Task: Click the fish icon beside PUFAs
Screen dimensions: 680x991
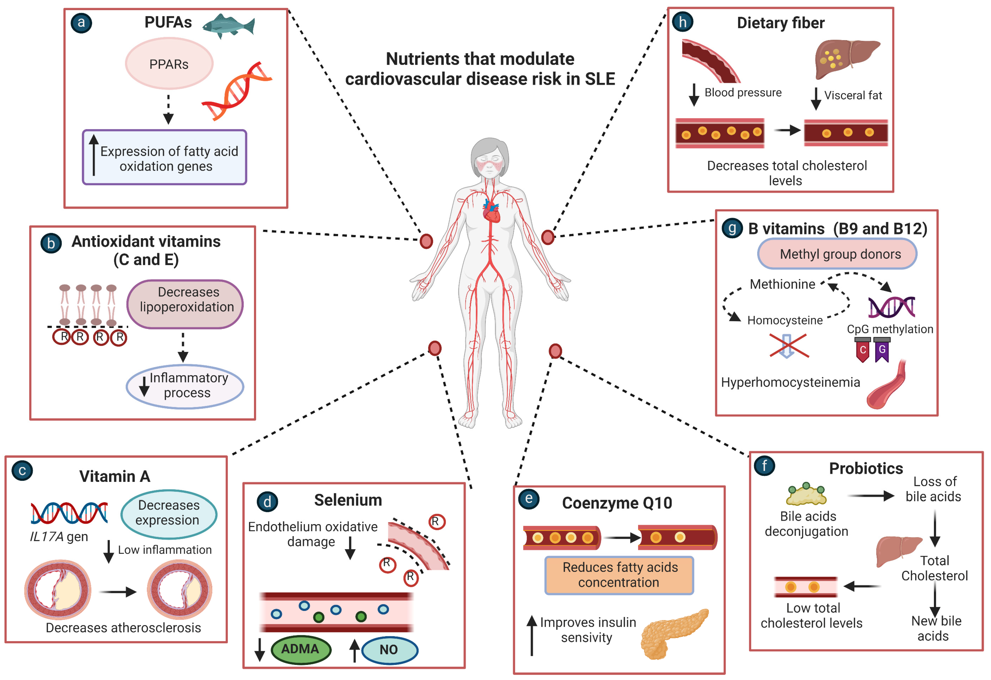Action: tap(228, 26)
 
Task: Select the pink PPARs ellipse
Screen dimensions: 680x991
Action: tap(169, 64)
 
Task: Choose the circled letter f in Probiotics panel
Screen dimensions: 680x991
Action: tap(764, 465)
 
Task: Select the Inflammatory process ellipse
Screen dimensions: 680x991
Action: tap(185, 386)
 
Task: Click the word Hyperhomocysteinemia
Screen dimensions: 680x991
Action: tap(790, 382)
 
